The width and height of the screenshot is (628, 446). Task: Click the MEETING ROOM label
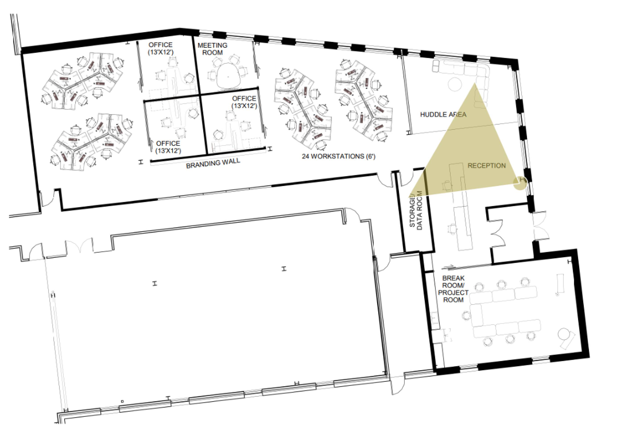pos(212,49)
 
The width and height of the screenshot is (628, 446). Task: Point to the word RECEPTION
pos(487,166)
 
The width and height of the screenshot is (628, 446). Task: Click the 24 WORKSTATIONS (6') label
pos(339,156)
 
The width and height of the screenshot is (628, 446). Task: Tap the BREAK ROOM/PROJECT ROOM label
pos(453,289)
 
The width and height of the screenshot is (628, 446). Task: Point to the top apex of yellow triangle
pos(475,83)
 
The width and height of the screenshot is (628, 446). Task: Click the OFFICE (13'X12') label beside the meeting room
pos(161,48)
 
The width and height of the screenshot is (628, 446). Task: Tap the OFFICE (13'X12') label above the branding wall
pos(168,147)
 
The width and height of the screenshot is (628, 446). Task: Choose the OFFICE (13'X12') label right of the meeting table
pos(244,102)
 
